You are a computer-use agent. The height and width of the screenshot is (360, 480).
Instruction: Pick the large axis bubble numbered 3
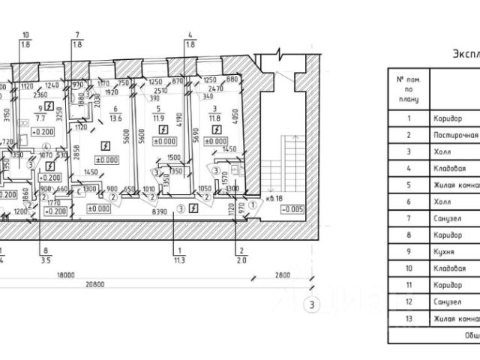click(x=309, y=304)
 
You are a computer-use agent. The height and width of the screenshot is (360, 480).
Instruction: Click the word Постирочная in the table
click(x=455, y=135)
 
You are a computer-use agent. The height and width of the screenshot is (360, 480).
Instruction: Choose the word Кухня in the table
click(x=444, y=251)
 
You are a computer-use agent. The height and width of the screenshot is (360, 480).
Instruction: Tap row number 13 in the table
click(x=409, y=318)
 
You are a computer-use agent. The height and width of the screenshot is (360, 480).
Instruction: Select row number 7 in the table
click(x=409, y=218)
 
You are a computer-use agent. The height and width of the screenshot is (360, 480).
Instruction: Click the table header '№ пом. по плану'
click(x=409, y=88)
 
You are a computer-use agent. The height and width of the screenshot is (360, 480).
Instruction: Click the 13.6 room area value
click(x=115, y=118)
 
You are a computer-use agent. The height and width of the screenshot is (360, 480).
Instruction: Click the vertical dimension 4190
click(x=180, y=118)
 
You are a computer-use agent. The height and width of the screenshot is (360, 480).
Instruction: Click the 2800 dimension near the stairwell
click(x=282, y=275)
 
